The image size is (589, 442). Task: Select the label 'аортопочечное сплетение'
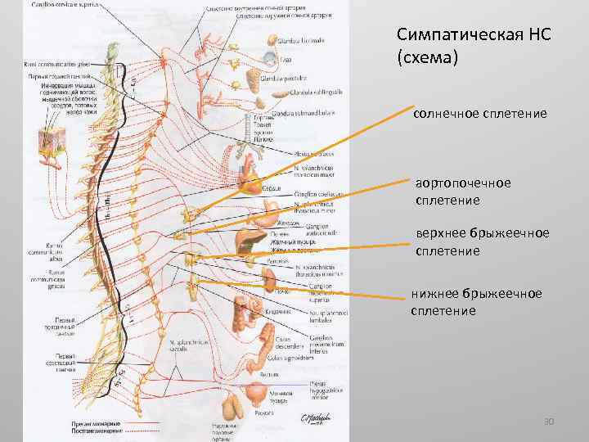pos(462,192)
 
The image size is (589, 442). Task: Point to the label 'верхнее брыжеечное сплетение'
pos(480,242)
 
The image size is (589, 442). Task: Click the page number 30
pos(550,422)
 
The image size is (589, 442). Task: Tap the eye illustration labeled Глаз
pos(270,60)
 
